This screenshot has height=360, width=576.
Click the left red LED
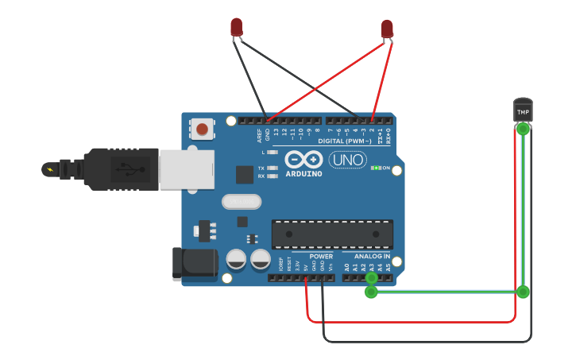(237, 27)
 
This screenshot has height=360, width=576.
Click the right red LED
(387, 29)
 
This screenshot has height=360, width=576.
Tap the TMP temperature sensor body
(523, 110)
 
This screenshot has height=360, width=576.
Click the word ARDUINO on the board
(303, 173)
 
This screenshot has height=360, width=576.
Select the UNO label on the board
(347, 160)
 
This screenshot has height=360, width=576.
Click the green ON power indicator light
(377, 168)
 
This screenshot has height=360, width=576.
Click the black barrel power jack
(195, 263)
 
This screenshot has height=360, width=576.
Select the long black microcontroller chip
(332, 234)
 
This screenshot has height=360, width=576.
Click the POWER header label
(321, 257)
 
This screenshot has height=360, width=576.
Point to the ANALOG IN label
(372, 257)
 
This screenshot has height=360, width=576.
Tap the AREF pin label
(259, 134)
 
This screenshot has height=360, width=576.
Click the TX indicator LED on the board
(272, 168)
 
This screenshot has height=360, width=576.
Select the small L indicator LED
(272, 152)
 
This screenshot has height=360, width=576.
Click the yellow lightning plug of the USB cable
(52, 169)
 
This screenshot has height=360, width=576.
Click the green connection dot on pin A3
(371, 277)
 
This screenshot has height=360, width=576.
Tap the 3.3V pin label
(297, 265)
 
